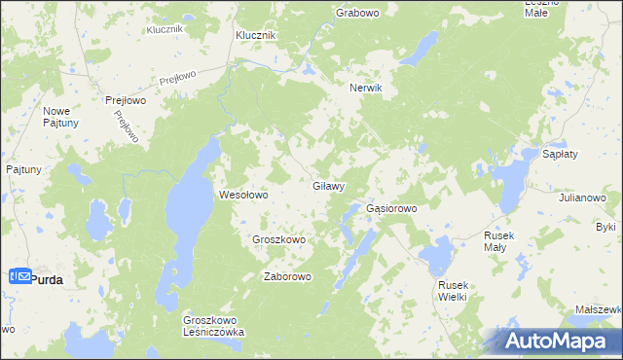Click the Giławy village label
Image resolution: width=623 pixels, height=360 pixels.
pyautogui.click(x=328, y=185)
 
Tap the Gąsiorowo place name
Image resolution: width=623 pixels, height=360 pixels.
pyautogui.click(x=391, y=208)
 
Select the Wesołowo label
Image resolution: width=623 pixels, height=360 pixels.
pyautogui.click(x=242, y=195)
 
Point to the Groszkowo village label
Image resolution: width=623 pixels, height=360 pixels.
pyautogui.click(x=279, y=239)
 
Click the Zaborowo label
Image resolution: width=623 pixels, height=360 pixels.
pyautogui.click(x=287, y=276)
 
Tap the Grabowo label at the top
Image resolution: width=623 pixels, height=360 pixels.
pyautogui.click(x=356, y=13)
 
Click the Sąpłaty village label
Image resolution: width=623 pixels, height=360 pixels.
pyautogui.click(x=561, y=155)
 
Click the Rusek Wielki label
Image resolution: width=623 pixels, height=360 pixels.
pyautogui.click(x=453, y=290)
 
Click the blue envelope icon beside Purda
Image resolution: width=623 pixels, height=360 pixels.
pyautogui.click(x=21, y=277)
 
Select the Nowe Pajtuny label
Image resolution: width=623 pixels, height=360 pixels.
pyautogui.click(x=61, y=117)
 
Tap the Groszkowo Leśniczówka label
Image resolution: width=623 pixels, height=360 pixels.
pyautogui.click(x=213, y=325)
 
